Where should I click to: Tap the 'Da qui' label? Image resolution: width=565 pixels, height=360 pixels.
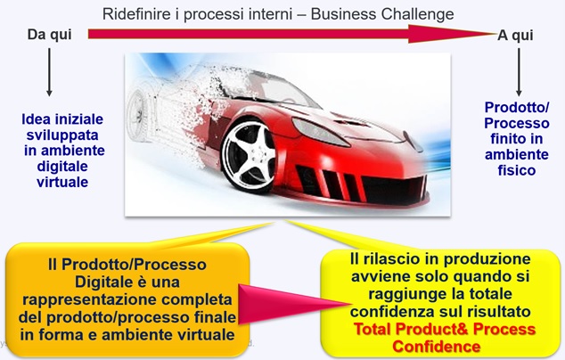pos(50,35)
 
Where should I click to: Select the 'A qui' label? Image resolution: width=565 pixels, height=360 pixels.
pos(515,36)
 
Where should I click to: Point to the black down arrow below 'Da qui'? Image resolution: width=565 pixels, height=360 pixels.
pos(49,72)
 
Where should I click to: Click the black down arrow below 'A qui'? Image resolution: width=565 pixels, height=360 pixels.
pos(519,72)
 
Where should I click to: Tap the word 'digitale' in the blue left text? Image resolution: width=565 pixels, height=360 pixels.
pos(62,167)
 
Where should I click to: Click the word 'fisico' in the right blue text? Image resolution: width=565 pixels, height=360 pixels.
pos(517,170)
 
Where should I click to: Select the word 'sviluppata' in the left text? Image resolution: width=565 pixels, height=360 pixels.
pos(62,135)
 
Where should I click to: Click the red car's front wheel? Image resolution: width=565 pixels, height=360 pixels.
pos(249,157)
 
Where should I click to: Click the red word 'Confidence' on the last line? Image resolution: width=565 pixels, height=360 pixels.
pos(437,347)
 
